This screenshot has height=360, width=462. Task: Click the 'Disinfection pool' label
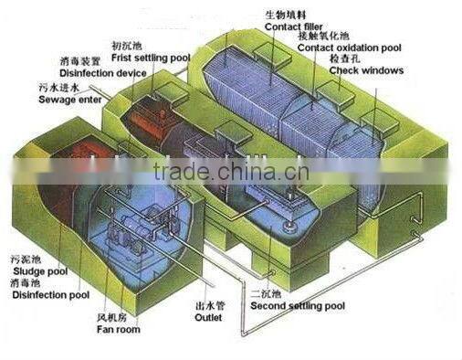(42, 295)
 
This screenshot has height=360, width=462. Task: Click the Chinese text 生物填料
(280, 14)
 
